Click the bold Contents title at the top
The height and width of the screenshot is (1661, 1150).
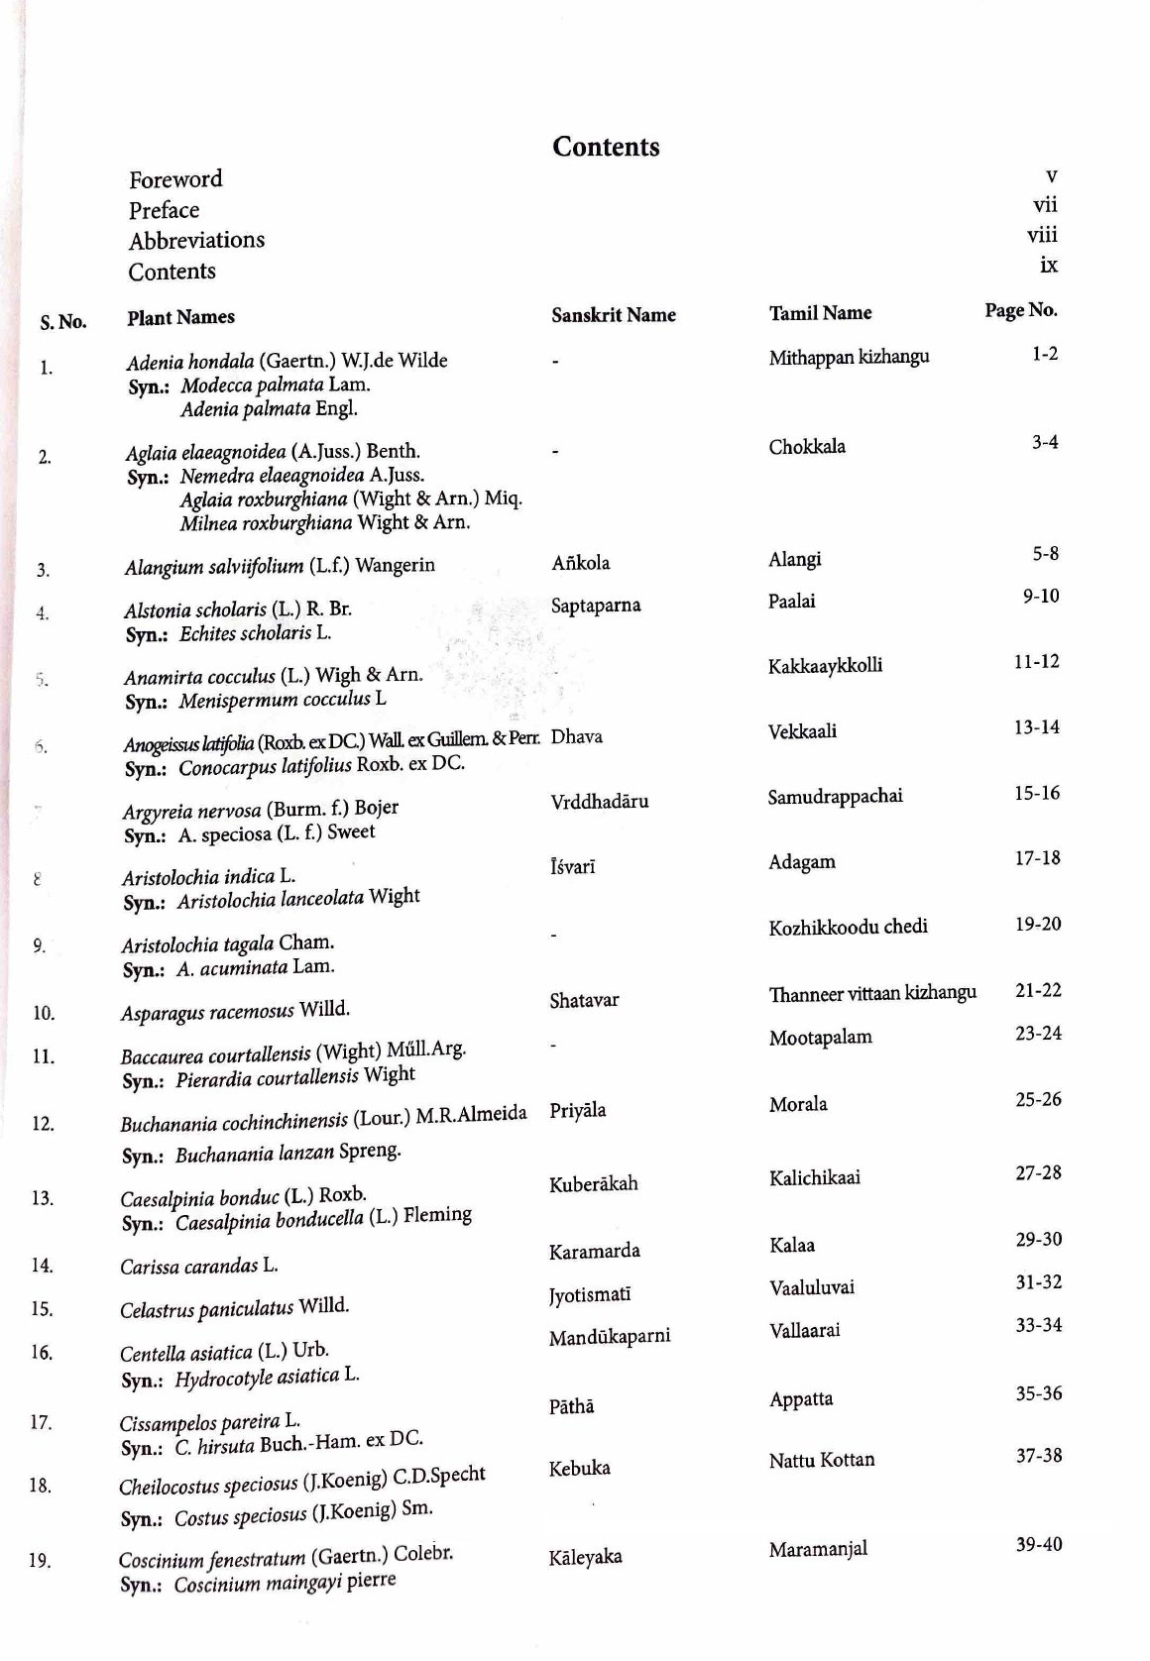[x=606, y=147]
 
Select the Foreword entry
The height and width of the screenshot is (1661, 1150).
[x=175, y=179]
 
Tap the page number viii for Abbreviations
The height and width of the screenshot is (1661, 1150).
[x=1042, y=235]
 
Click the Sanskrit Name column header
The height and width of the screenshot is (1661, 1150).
[x=614, y=315]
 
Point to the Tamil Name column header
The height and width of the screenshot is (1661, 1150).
[x=820, y=313]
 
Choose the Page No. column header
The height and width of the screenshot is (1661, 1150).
[x=1021, y=310]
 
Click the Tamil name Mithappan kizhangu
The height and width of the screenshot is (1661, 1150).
[x=849, y=357]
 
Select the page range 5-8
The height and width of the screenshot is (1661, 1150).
[x=1045, y=554]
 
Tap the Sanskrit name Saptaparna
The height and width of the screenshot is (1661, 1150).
[x=596, y=605]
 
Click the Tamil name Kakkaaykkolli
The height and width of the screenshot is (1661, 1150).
[x=825, y=665]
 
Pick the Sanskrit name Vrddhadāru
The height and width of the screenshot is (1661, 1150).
[x=600, y=801]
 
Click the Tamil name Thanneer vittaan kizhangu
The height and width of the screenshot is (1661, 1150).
[x=872, y=993]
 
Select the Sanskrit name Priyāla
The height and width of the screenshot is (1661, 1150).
[x=578, y=1110]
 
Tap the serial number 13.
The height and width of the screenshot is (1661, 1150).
[x=42, y=1198]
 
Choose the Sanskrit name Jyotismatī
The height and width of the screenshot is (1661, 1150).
[x=590, y=1294]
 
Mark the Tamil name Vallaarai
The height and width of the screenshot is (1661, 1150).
[x=804, y=1330]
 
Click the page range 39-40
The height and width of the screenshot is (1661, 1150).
[x=1038, y=1544]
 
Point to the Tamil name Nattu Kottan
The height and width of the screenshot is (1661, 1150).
[x=822, y=1459]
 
